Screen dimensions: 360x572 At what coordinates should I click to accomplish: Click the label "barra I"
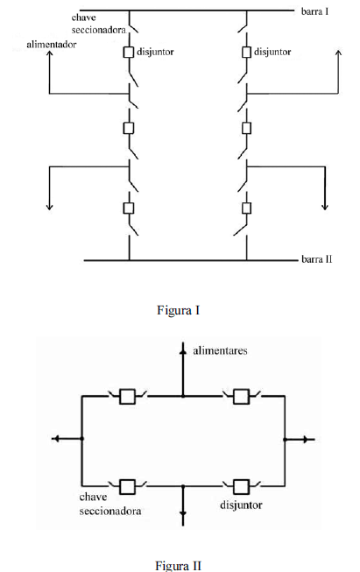(x=314, y=11)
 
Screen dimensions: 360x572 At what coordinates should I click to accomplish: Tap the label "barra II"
(x=317, y=259)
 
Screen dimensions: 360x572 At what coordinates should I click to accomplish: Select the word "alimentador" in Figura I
(x=52, y=45)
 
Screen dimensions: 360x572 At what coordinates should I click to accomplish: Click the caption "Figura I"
(x=179, y=310)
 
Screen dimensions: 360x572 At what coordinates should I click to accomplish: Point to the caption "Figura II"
(x=179, y=566)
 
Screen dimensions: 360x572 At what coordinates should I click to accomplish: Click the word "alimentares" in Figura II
(x=220, y=350)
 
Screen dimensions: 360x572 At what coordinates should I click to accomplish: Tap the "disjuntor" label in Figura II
(x=241, y=505)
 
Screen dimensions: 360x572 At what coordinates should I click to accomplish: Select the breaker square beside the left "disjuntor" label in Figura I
(x=129, y=53)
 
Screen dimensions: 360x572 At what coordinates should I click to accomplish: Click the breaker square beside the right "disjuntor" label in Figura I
(x=246, y=53)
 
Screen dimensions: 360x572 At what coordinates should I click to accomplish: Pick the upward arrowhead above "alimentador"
(x=50, y=53)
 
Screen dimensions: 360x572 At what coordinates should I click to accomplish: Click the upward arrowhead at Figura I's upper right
(x=338, y=53)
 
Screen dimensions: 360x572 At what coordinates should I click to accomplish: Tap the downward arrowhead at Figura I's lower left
(x=50, y=207)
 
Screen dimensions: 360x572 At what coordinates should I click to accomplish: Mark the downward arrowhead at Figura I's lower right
(x=325, y=207)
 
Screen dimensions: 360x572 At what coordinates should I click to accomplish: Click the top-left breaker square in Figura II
(x=127, y=397)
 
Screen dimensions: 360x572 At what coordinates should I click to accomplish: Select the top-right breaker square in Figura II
(x=241, y=397)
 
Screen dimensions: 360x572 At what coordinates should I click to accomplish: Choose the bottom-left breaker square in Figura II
(x=127, y=487)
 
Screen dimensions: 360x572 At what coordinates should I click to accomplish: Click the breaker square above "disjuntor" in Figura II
(x=241, y=487)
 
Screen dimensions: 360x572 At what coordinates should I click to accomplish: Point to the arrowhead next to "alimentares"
(x=183, y=351)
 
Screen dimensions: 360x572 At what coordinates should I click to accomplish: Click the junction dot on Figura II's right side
(x=286, y=440)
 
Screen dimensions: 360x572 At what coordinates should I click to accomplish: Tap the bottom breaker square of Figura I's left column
(x=129, y=208)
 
